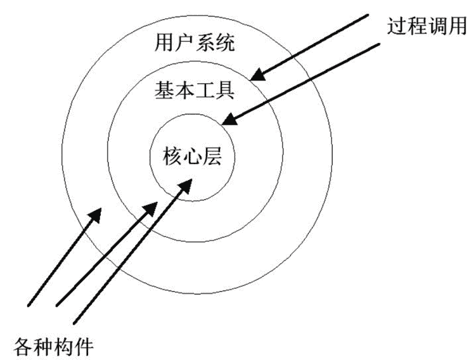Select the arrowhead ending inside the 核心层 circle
click(x=187, y=182)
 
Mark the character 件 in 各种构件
click(x=85, y=345)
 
